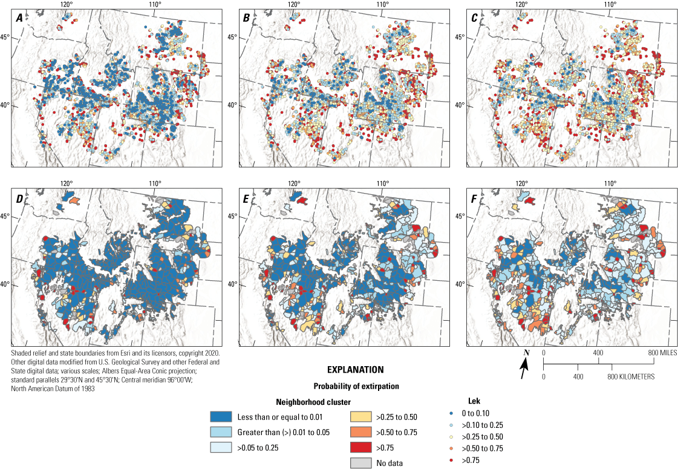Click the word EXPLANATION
[x=355, y=369]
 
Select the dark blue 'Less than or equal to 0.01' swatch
[x=221, y=417]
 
